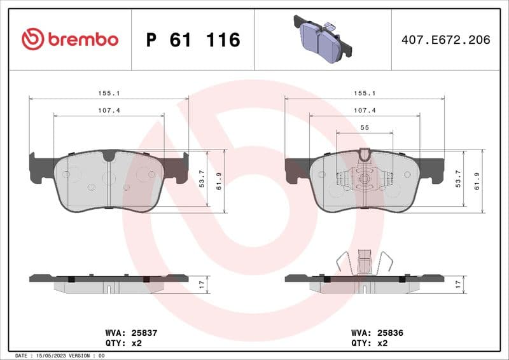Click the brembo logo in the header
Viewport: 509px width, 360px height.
(x=70, y=39)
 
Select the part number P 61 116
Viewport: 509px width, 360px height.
(x=193, y=40)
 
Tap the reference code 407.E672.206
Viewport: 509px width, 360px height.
(x=445, y=40)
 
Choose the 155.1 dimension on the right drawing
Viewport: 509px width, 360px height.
(x=365, y=93)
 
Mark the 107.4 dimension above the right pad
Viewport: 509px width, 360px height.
(x=365, y=110)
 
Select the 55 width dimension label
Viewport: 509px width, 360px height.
(x=365, y=128)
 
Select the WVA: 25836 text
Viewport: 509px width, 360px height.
(x=377, y=333)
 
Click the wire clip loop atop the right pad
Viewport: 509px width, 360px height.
(x=365, y=155)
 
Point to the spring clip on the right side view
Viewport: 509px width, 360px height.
(x=365, y=261)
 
